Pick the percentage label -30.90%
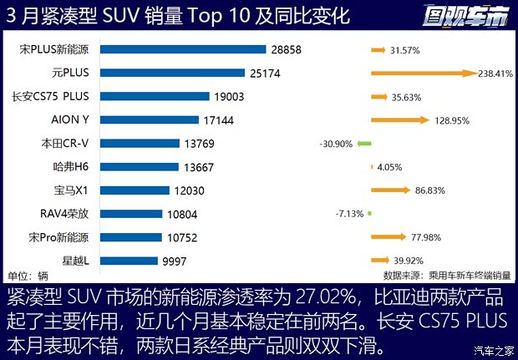coord(336,144)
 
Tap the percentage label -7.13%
coord(350,214)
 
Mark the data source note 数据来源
coord(442,274)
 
